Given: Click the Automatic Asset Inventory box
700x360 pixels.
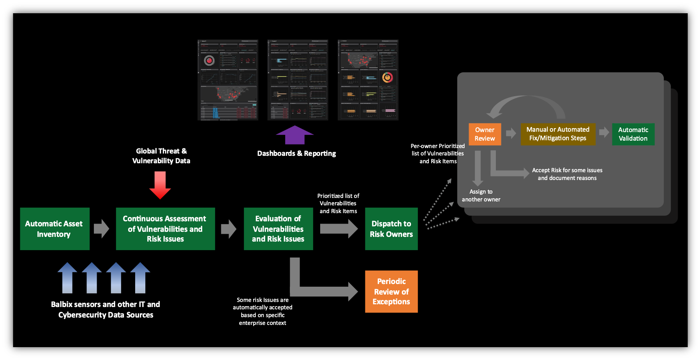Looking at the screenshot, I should click(55, 229).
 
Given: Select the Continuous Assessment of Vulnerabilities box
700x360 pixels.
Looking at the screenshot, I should click(165, 229).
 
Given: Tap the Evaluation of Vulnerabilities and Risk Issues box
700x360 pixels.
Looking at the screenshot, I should click(278, 229).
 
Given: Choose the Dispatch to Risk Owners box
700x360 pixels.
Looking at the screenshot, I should click(391, 229).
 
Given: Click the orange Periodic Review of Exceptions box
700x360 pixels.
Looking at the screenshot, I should click(391, 291).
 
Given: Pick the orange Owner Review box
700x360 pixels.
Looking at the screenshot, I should click(485, 134).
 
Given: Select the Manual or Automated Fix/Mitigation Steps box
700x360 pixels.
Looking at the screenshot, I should click(558, 134).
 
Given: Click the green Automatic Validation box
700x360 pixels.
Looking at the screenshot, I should click(633, 134).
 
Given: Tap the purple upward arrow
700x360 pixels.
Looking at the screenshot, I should click(295, 135).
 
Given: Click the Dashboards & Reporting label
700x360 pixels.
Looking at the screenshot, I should click(296, 154).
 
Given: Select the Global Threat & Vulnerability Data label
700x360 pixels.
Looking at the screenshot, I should click(161, 156).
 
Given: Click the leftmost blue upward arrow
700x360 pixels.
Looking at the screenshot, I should click(67, 278).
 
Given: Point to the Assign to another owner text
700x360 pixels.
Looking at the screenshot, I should click(481, 196).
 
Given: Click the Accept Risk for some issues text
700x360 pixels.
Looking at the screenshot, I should click(567, 174).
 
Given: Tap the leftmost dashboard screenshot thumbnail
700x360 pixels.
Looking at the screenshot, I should click(228, 80).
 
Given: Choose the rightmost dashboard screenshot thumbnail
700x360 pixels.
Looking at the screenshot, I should click(368, 80).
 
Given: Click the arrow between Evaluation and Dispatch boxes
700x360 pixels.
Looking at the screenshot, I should click(339, 229).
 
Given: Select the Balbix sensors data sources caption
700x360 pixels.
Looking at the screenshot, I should click(106, 310).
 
